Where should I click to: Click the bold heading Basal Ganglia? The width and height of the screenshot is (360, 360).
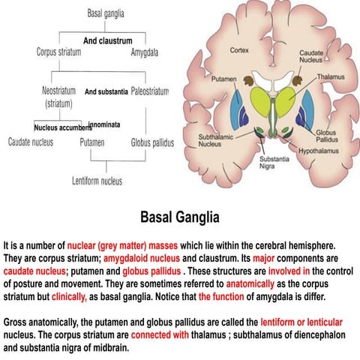[180, 217]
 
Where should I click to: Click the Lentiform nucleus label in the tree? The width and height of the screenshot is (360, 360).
[97, 181]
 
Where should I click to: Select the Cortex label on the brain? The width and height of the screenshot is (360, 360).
[239, 50]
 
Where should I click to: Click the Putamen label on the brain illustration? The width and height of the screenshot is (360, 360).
[223, 76]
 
